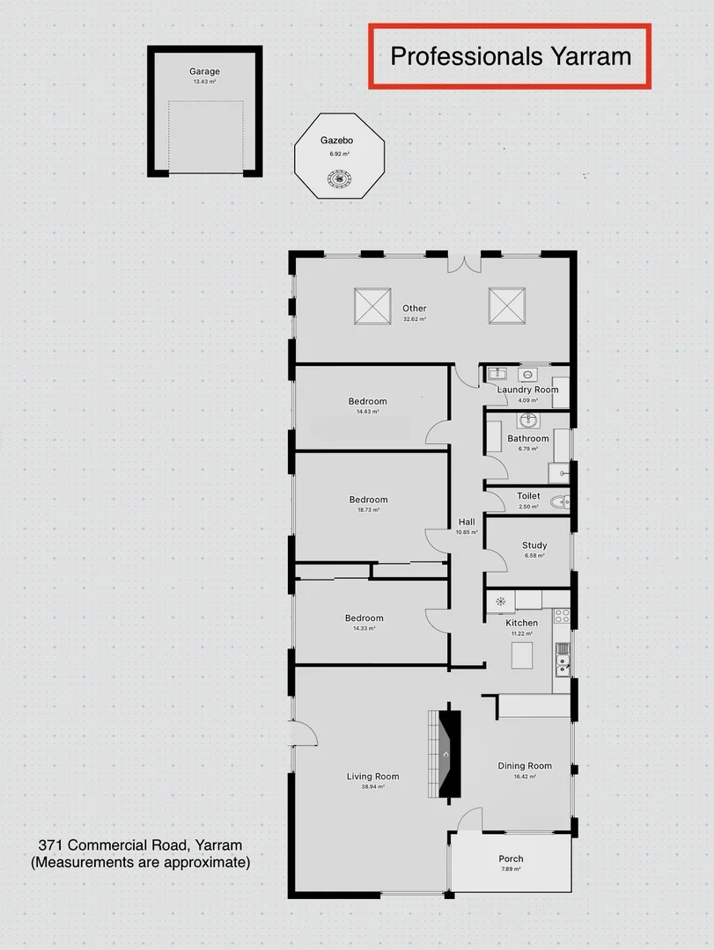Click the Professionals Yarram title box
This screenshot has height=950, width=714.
(x=511, y=56)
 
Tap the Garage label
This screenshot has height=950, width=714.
(x=204, y=71)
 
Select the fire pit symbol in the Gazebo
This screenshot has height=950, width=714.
(x=338, y=179)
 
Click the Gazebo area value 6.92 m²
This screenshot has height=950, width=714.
(x=339, y=154)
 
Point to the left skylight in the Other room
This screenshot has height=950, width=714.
(x=372, y=306)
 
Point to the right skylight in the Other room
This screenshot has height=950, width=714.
(x=507, y=306)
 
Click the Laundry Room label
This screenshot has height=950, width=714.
(x=527, y=390)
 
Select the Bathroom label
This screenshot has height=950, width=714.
(x=527, y=438)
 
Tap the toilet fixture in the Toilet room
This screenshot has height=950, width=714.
(x=558, y=503)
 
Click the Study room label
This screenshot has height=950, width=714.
(x=534, y=545)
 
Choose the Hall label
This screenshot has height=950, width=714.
(x=466, y=522)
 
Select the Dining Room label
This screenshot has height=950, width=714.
(x=525, y=765)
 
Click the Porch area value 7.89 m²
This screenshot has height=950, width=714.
(x=511, y=869)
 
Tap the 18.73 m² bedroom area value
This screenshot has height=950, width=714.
(x=368, y=510)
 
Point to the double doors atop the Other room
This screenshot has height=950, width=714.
(x=463, y=261)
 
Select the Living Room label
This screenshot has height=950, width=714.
(x=372, y=776)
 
